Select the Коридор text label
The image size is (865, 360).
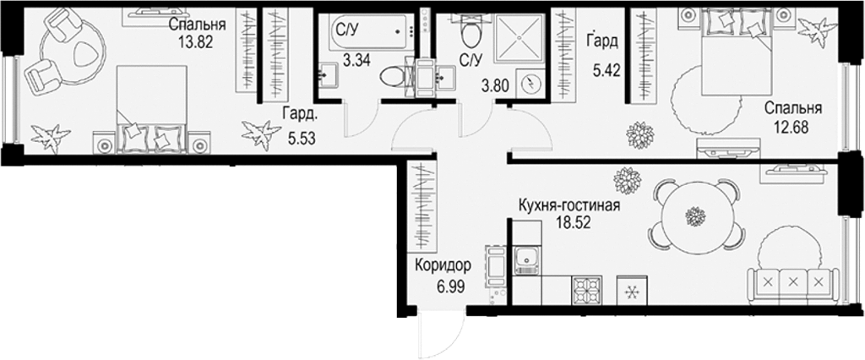pos(443,265)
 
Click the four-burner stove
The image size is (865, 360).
pos(586,292)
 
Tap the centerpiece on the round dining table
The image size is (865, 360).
pos(695,217)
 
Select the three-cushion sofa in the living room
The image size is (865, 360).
pos(792,281)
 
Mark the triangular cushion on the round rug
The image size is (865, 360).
pos(85,54)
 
